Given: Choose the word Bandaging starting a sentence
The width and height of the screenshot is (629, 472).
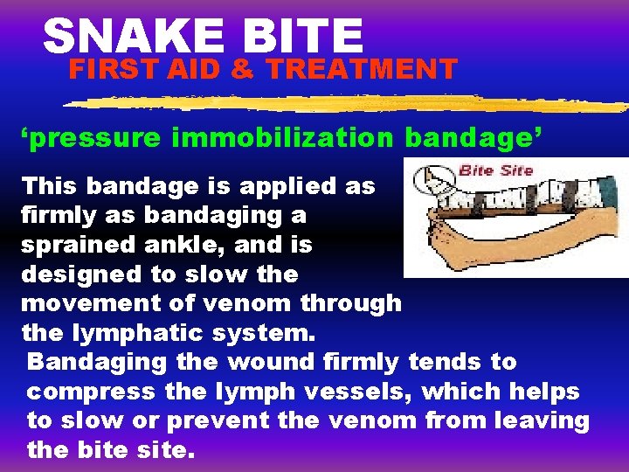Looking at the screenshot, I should tap(97, 362).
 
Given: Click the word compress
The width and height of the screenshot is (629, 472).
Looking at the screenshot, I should tap(84, 392).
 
